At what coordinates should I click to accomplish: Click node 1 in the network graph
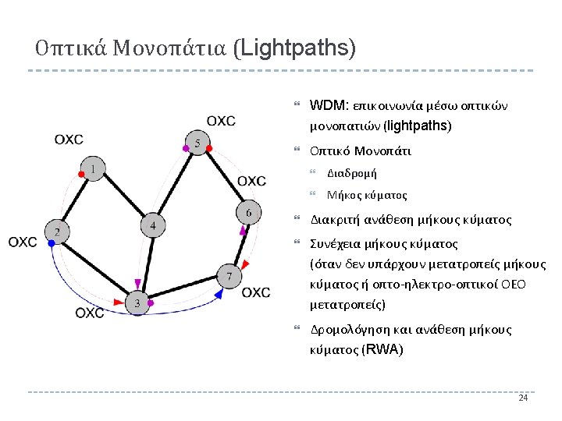94,168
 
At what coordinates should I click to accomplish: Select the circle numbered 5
199,143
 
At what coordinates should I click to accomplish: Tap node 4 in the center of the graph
153,226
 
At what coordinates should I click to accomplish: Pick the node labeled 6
248,213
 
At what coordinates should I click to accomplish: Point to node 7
229,277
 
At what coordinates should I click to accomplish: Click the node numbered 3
137,303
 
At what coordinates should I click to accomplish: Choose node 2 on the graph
58,232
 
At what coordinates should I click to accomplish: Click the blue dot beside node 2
52,244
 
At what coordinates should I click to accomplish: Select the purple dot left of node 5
185,147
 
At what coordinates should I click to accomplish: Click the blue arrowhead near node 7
219,294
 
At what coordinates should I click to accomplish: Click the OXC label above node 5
221,121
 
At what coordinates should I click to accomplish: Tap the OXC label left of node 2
23,242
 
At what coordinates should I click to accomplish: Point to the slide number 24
523,398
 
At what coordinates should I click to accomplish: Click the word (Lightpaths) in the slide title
294,49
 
